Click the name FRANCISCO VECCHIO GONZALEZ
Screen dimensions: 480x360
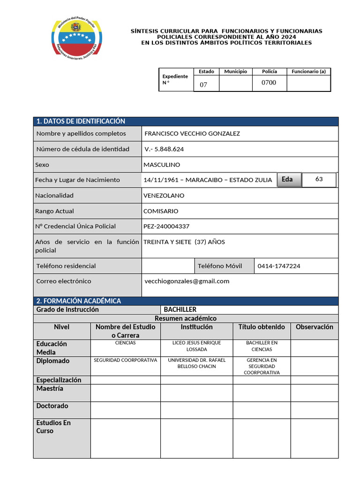tap(192, 134)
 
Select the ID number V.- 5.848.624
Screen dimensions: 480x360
tap(164, 149)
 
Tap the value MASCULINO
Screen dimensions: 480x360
tap(162, 165)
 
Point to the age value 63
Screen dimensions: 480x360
tap(319, 179)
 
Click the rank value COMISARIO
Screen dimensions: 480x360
tap(161, 211)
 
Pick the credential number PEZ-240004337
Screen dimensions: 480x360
tap(166, 226)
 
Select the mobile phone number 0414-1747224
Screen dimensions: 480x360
tap(279, 266)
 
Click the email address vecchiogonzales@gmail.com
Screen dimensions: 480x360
tap(187, 281)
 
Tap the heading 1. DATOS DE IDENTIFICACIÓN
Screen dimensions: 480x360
tap(81, 121)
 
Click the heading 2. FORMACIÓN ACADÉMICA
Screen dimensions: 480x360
tap(79, 301)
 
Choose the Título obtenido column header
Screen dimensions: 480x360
tap(262, 327)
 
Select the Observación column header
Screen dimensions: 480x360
tap(315, 327)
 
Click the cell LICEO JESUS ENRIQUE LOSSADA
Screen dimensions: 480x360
tap(197, 346)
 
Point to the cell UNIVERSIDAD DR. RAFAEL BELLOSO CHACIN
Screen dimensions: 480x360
tap(197, 363)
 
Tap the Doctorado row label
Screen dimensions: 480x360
tap(52, 406)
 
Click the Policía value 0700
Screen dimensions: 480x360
tap(269, 83)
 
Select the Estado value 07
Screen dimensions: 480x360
tap(203, 85)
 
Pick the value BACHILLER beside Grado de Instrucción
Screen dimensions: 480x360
tap(180, 310)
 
